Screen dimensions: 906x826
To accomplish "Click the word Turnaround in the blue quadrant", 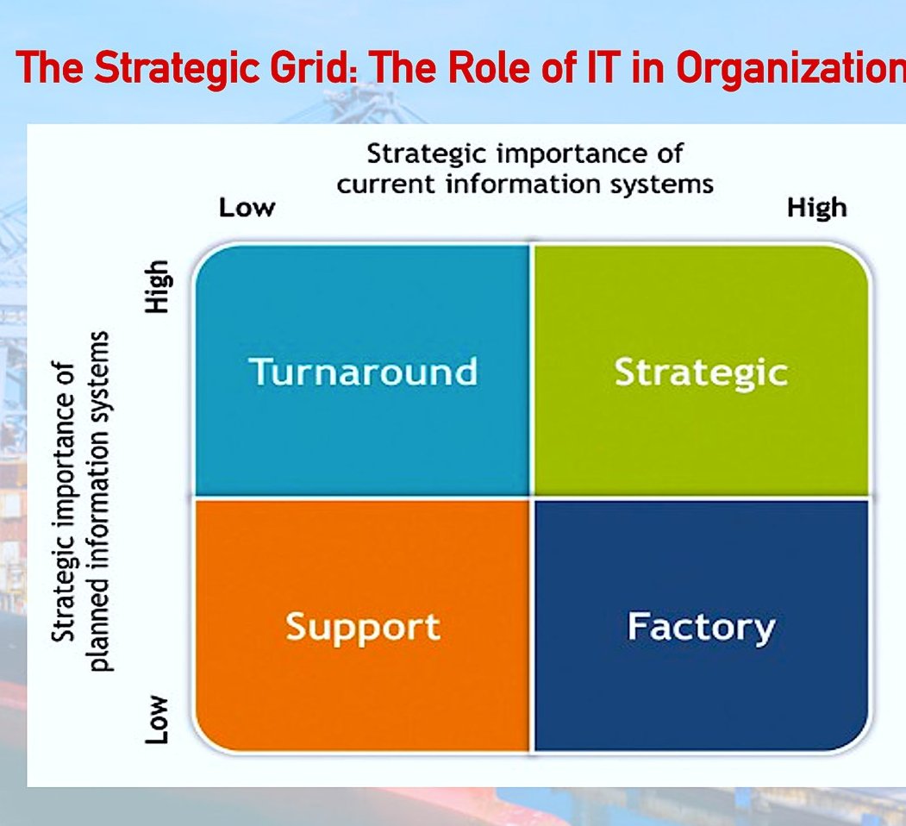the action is coord(364,371).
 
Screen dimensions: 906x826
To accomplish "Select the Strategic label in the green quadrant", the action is coord(701,373).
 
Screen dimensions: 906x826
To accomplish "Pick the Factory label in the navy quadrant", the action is coord(702,629).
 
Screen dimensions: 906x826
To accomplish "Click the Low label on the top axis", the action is coord(247,208).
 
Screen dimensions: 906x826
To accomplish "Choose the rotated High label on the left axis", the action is coord(158,287).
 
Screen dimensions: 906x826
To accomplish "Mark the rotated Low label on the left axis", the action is coord(156,719).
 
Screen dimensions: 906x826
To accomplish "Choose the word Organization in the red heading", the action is coord(791,68).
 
